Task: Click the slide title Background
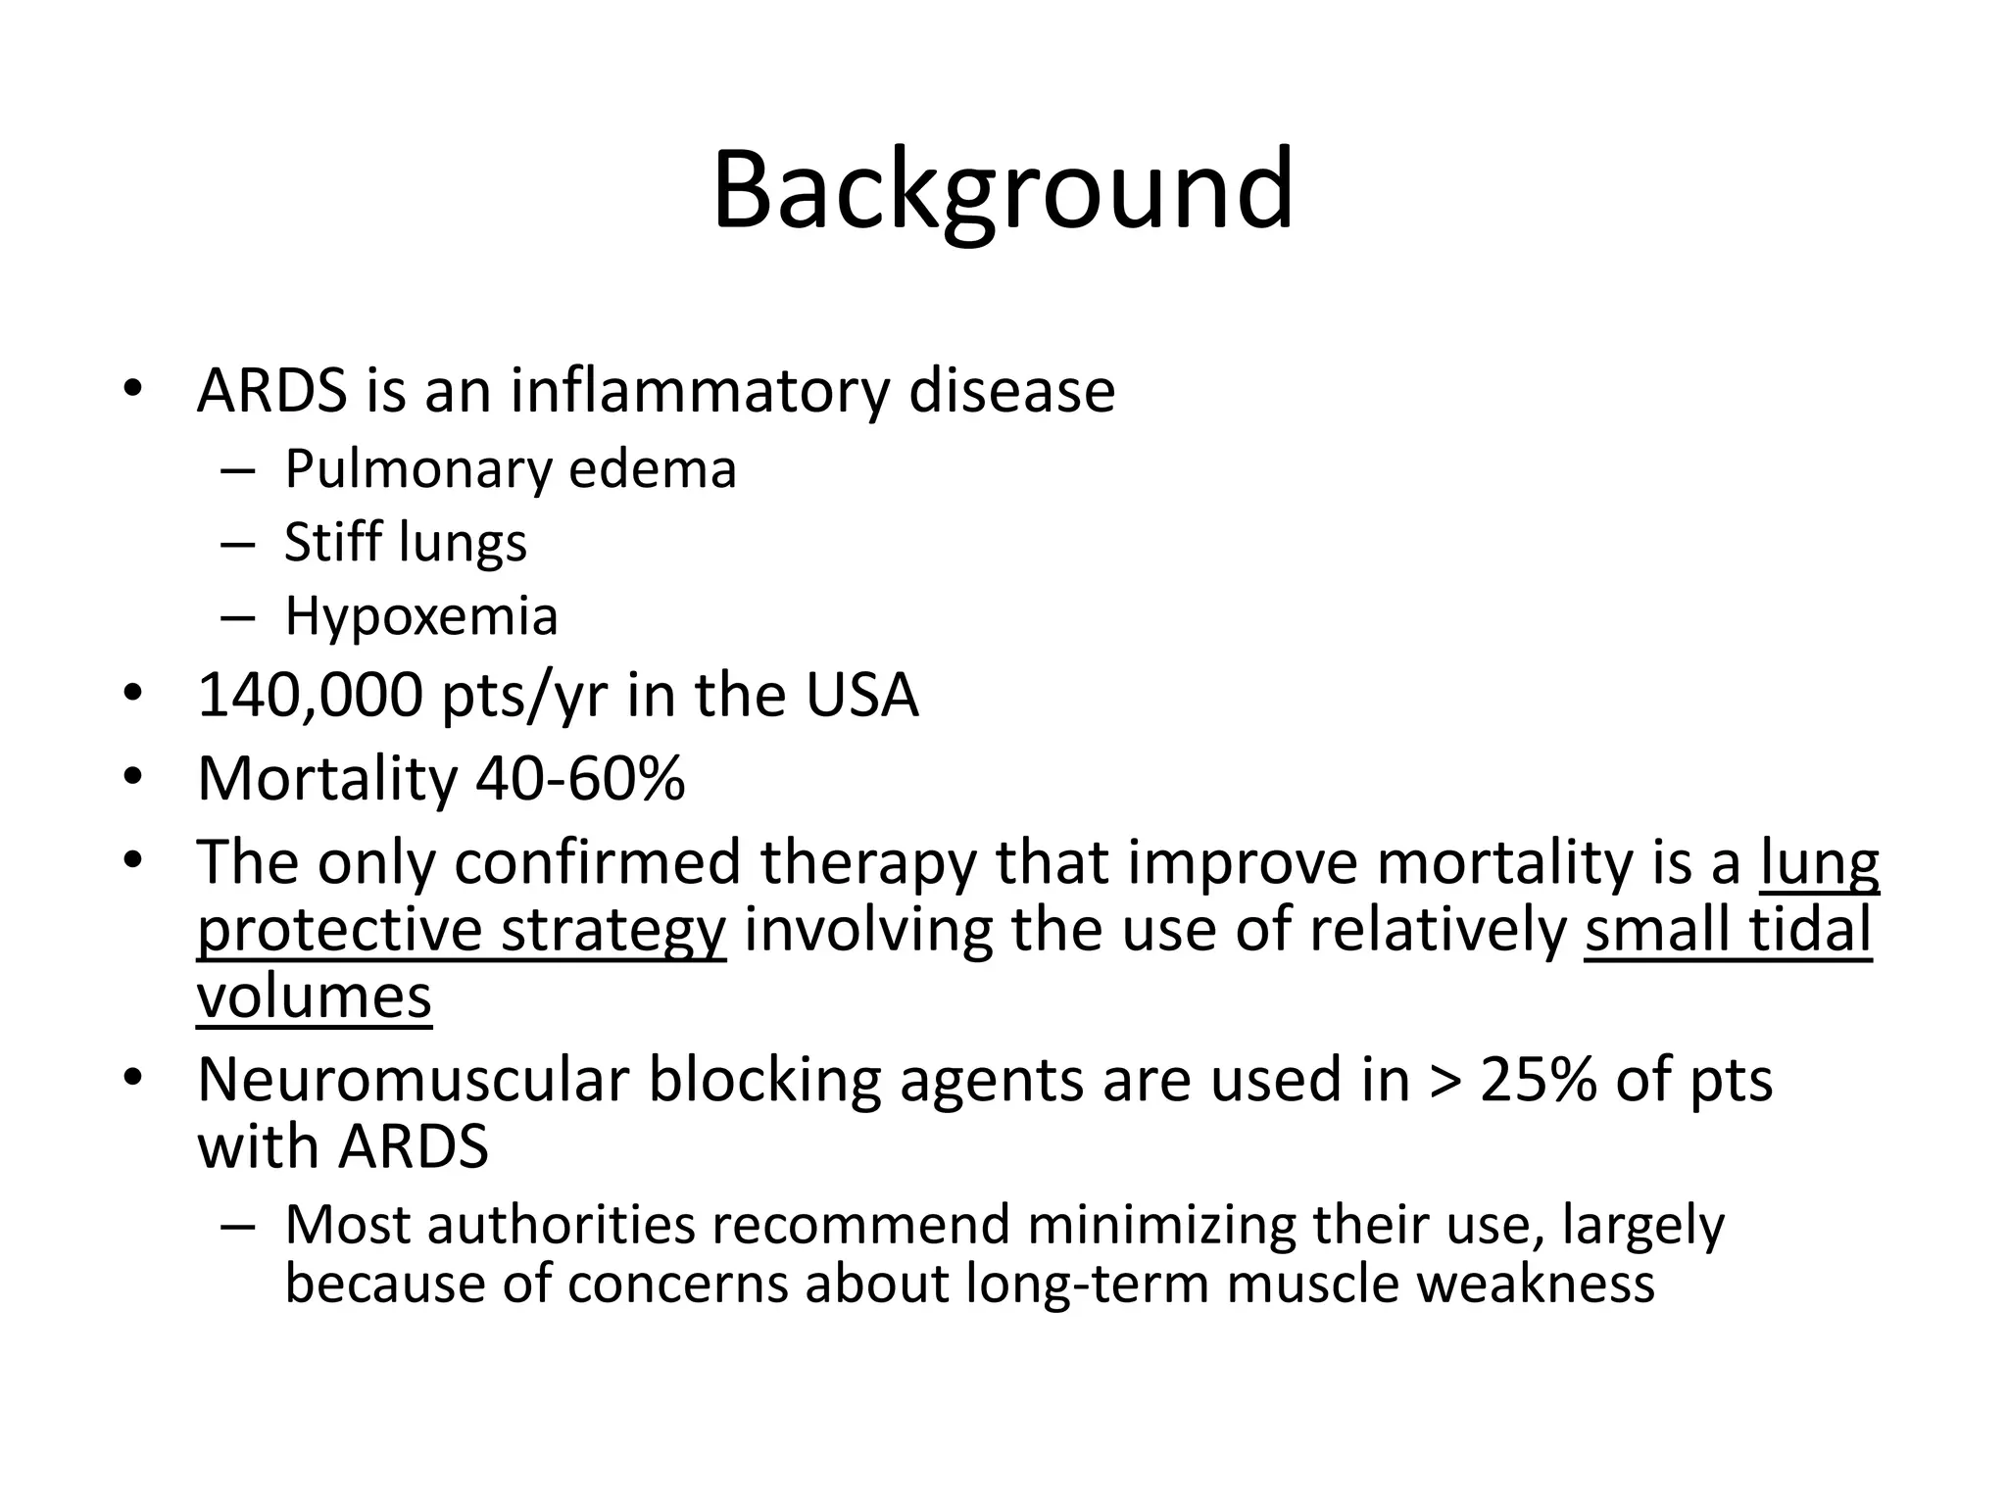tap(1003, 190)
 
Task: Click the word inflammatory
tap(700, 390)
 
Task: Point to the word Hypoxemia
tap(421, 616)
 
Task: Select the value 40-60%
tap(580, 779)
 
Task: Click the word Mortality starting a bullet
tap(326, 780)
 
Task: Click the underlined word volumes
tap(314, 996)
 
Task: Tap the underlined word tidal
tap(1810, 929)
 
